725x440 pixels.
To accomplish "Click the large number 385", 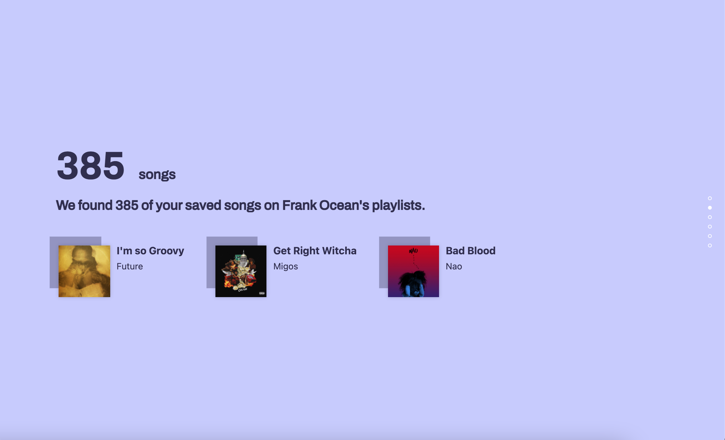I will point(91,166).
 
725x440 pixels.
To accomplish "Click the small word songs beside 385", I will point(157,175).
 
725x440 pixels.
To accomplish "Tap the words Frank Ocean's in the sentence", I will point(325,205).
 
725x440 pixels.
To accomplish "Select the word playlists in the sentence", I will point(398,205).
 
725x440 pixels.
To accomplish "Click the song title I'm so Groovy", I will point(150,251).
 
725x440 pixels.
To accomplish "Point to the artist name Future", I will point(130,266).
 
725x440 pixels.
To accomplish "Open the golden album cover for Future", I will point(84,271).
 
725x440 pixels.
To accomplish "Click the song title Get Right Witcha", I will point(315,251).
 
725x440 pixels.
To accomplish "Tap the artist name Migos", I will point(285,266).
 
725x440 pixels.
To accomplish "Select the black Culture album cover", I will point(241,271).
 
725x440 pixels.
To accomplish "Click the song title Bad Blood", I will point(471,251).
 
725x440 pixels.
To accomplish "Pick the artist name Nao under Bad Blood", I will point(454,266).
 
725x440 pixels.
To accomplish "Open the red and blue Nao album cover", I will point(413,271).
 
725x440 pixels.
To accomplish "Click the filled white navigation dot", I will point(710,208).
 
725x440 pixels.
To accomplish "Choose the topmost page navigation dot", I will point(710,198).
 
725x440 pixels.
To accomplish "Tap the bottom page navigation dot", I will point(710,245).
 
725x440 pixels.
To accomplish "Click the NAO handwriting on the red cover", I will point(413,251).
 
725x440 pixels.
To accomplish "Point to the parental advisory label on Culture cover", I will point(262,293).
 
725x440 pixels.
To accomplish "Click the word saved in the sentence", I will point(203,205).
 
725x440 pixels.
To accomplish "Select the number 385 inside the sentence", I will point(127,205).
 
